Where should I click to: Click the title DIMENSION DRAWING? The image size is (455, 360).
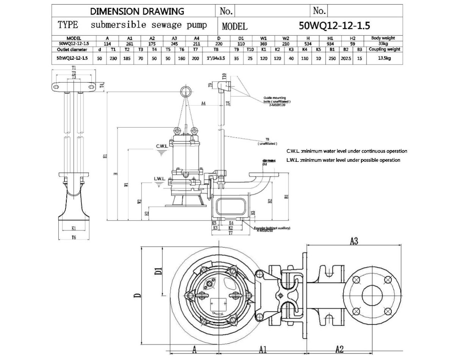[137, 11]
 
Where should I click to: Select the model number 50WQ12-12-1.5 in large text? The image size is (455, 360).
[334, 26]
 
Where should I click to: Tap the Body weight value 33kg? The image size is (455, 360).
[384, 44]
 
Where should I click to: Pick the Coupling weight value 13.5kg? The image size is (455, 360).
[384, 58]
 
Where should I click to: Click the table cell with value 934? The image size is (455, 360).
[330, 44]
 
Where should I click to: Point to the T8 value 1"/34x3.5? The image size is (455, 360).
[216, 58]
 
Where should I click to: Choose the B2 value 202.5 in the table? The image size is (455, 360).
[345, 58]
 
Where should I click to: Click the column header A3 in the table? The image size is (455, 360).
[174, 38]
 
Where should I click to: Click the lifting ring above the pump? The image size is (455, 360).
[185, 91]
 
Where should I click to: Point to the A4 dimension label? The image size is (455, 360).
[204, 103]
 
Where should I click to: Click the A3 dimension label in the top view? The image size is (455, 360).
[353, 241]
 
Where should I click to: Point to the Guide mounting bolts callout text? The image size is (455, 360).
[277, 100]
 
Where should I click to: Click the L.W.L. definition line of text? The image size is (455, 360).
[343, 160]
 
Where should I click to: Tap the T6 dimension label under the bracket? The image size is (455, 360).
[74, 237]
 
